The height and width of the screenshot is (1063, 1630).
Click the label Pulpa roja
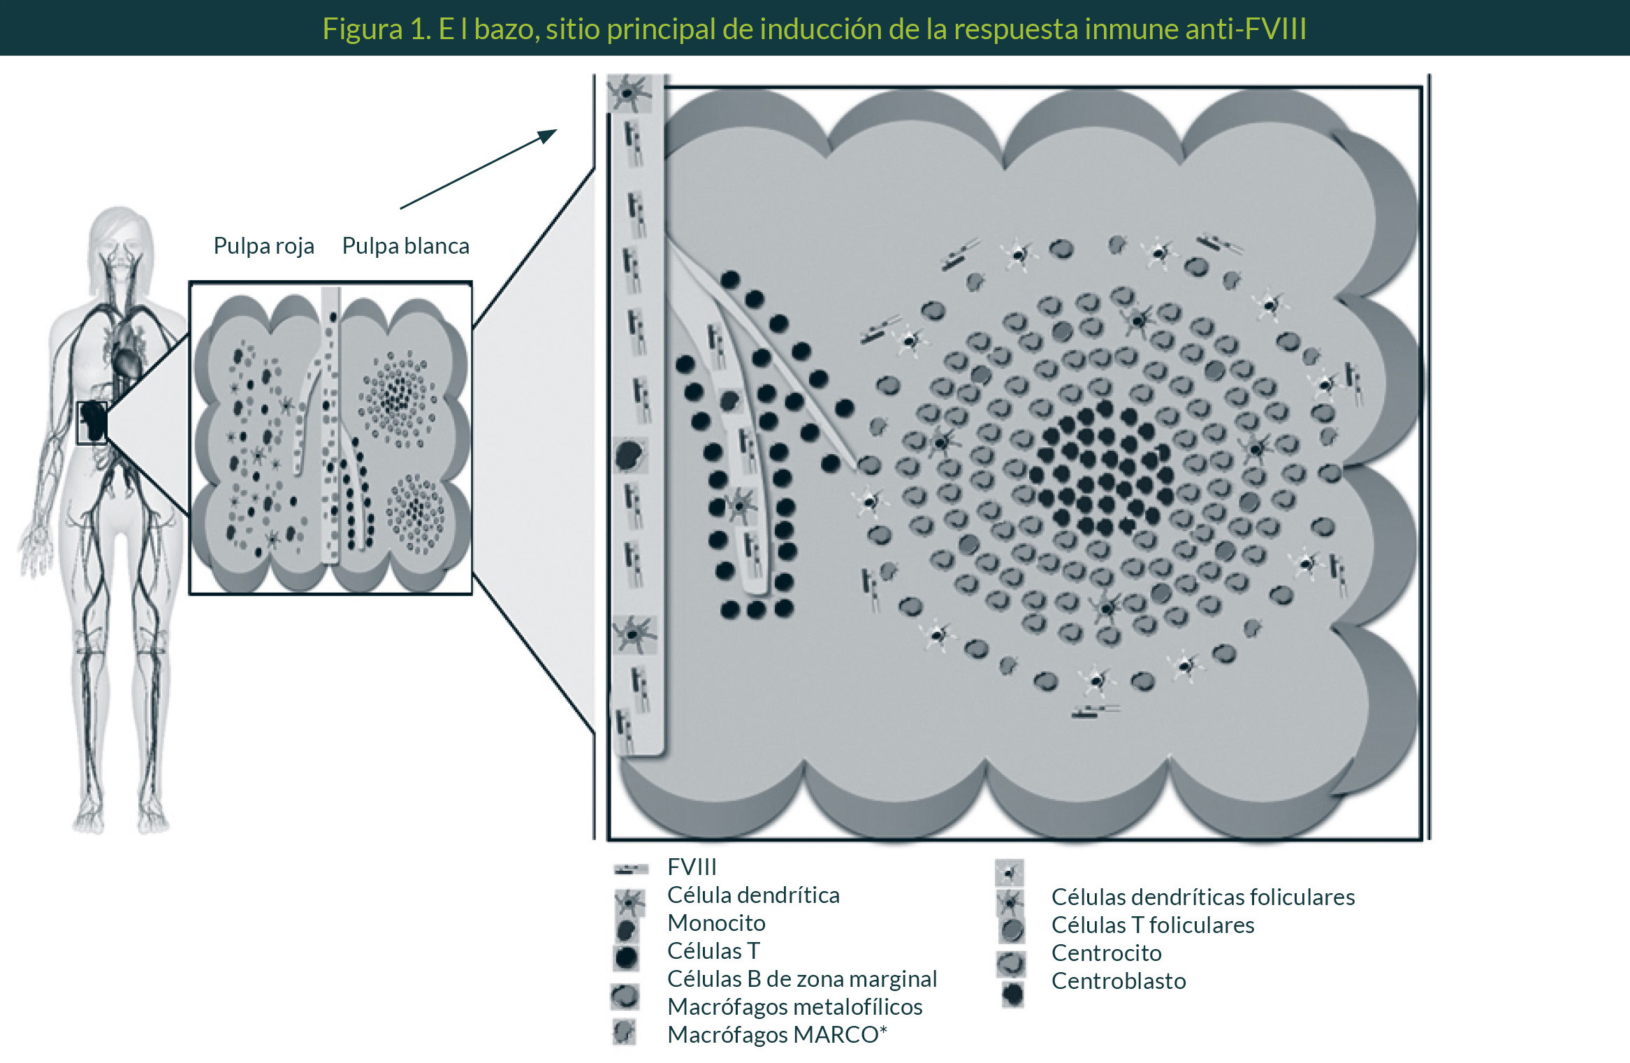pos(263,246)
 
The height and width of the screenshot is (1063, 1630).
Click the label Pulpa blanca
pos(405,246)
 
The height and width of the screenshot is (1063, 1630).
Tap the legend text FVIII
pos(692,867)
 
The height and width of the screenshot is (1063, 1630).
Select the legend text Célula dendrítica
pos(753,895)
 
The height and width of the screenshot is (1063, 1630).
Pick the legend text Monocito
pos(716,923)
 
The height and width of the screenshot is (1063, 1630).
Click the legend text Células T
pos(713,950)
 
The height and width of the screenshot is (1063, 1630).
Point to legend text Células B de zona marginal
pos(801,978)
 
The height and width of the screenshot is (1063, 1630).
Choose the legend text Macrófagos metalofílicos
pos(794,1006)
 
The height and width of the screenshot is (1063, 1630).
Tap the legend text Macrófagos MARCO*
pos(777,1034)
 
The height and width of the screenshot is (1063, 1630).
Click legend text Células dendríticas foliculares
pos(1202,897)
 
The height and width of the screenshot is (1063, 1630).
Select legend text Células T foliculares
pos(1152,925)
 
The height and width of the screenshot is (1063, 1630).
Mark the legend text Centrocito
pos(1106,953)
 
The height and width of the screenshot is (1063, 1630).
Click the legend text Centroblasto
pos(1118,981)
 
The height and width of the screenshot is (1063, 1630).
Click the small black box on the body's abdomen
pos(92,422)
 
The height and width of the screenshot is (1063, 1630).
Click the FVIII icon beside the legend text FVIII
pos(631,869)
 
